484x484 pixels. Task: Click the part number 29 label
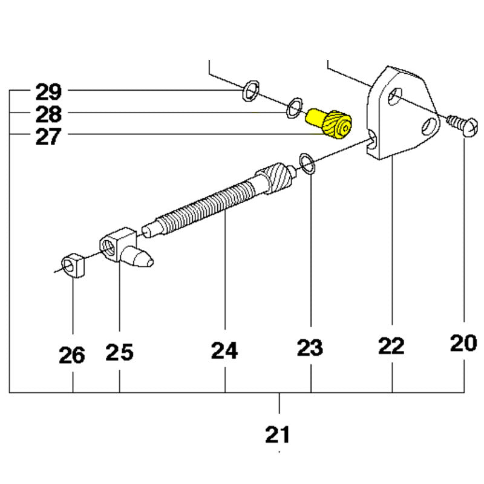point(48,92)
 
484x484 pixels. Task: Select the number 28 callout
point(48,114)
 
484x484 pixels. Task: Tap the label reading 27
point(48,137)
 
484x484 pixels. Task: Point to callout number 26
point(72,355)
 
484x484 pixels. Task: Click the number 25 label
point(119,352)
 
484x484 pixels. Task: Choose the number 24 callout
point(224,350)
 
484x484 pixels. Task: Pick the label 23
point(310,347)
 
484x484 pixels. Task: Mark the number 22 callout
point(391,345)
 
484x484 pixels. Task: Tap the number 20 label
point(463,343)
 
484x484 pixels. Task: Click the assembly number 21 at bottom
point(278,434)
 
